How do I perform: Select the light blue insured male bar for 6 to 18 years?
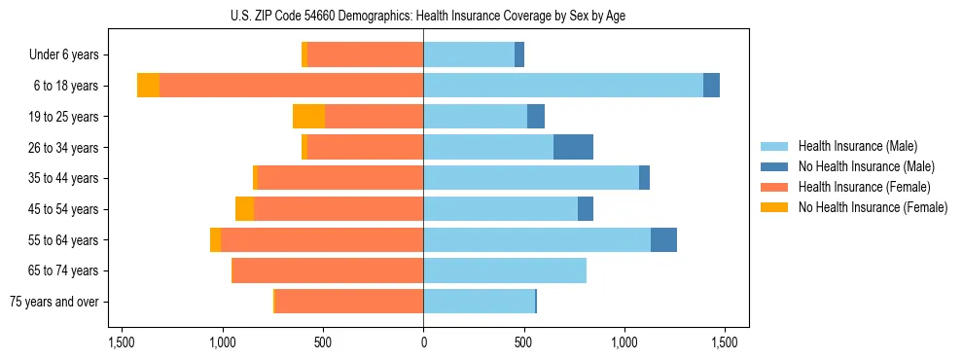(x=563, y=86)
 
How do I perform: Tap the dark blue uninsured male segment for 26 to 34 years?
(x=573, y=147)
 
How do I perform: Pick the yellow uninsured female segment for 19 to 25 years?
(x=308, y=117)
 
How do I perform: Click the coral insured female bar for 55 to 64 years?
(x=322, y=240)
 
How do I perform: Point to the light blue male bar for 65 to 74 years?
(x=505, y=270)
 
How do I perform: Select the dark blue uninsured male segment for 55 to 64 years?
(x=663, y=240)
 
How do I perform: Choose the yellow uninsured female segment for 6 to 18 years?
(x=148, y=86)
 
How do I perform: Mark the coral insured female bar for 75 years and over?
(x=349, y=302)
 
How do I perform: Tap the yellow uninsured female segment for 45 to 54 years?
(x=244, y=209)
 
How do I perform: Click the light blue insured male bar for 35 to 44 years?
(x=531, y=178)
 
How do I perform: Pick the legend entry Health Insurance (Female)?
(x=864, y=187)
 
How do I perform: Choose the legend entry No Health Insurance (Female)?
(x=873, y=207)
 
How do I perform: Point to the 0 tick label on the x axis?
(x=423, y=343)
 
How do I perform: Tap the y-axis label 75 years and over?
(x=54, y=302)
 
